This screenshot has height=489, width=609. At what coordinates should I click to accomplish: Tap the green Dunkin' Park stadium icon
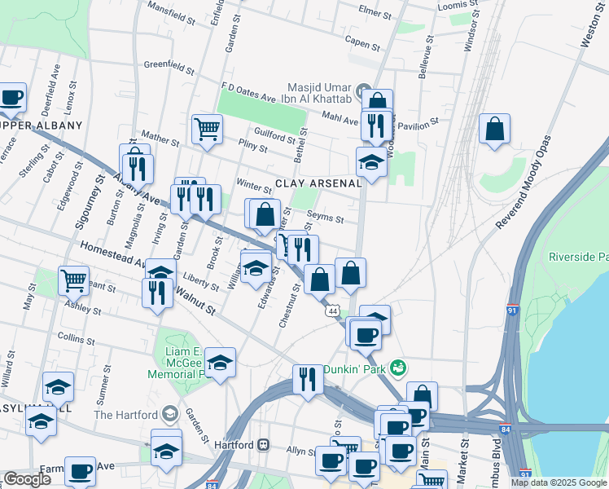tap(398, 368)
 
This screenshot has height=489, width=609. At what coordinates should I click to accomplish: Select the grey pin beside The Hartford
tap(169, 413)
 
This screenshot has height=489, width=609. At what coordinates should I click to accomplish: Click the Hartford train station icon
tap(263, 445)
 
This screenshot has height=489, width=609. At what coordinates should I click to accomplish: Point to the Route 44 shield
tap(332, 311)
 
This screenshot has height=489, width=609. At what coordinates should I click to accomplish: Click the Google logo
tap(27, 479)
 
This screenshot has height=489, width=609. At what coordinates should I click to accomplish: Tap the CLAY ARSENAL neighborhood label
tap(318, 183)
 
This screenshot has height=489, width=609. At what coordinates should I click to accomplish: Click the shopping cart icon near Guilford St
tap(208, 128)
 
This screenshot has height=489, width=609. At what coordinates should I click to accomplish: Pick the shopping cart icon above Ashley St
tap(73, 280)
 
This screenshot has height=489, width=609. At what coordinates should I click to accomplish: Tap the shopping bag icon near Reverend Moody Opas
tap(494, 129)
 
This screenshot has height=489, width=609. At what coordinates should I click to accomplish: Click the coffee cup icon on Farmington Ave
tap(80, 470)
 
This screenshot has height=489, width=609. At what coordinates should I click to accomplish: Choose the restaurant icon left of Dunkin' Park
tap(308, 379)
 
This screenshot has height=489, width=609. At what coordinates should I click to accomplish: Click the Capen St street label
tap(362, 42)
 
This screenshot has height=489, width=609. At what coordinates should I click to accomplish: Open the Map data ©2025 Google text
tap(559, 482)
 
